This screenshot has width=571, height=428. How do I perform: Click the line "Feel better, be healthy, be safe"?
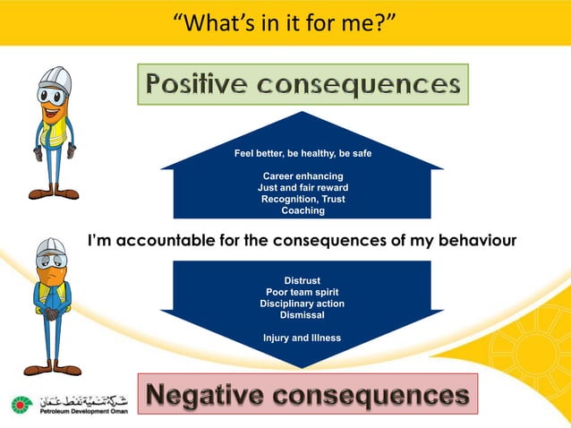tap(303, 153)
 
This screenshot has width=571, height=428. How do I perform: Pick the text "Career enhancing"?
tap(303, 175)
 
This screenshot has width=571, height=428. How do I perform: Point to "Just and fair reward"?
tap(303, 187)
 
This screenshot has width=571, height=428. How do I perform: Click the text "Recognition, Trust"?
tap(303, 199)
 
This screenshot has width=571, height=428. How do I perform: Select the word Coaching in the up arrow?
tap(303, 210)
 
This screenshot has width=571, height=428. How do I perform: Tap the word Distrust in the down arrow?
tap(302, 280)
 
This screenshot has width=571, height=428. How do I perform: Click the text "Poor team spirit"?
tap(302, 292)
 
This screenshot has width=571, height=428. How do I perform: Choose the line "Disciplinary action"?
tap(302, 304)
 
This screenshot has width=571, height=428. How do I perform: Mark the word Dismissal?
tap(302, 315)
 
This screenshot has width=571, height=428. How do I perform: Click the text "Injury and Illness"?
tap(302, 338)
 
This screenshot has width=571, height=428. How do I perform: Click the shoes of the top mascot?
tap(53, 193)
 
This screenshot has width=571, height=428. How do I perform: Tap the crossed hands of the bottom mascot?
tap(53, 314)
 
